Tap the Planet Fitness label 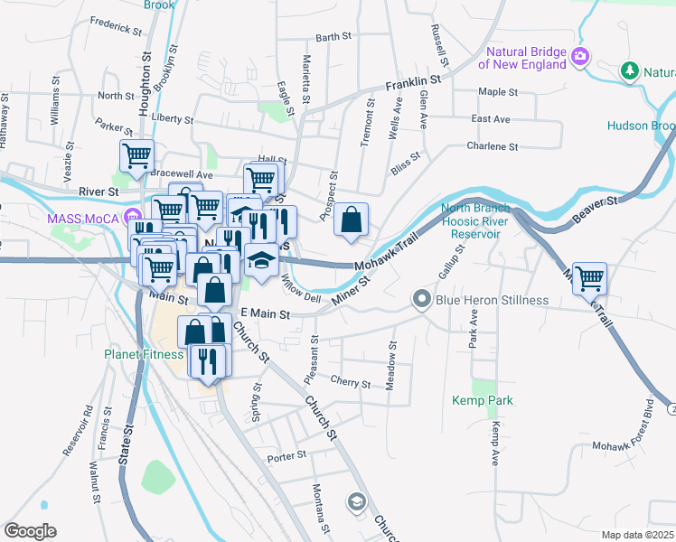(x=143, y=354)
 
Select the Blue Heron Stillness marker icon (x=421, y=299)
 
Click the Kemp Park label (x=483, y=400)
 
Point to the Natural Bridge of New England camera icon (x=579, y=57)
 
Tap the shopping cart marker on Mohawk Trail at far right (x=589, y=278)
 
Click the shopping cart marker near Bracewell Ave (x=136, y=156)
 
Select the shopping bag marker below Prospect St (x=352, y=219)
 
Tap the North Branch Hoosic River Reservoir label (x=470, y=221)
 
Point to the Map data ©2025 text (x=636, y=535)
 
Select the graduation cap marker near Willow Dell (x=261, y=259)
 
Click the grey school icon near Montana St (x=356, y=501)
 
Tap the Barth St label (x=333, y=37)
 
